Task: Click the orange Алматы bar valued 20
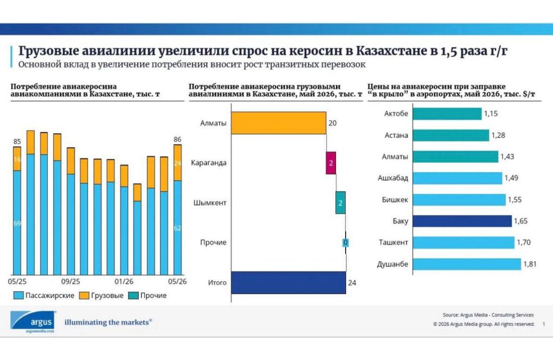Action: click(x=279, y=123)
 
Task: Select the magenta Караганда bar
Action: click(x=331, y=163)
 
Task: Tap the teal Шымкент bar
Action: click(x=340, y=203)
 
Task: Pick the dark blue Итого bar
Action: click(x=288, y=282)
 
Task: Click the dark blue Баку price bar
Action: click(x=462, y=221)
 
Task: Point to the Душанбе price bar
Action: click(x=467, y=264)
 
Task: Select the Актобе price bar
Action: click(x=447, y=113)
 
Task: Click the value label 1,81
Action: click(x=530, y=264)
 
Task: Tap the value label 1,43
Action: click(x=507, y=157)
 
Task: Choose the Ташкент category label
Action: click(x=393, y=242)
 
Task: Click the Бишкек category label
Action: click(x=395, y=200)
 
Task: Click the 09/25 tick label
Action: click(x=71, y=282)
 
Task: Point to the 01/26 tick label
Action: click(x=124, y=282)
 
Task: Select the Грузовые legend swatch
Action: click(x=84, y=295)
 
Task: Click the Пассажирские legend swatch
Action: click(x=18, y=295)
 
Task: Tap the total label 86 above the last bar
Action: click(x=177, y=140)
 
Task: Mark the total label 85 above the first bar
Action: click(x=17, y=142)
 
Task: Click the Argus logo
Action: click(x=33, y=321)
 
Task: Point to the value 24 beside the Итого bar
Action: click(x=352, y=283)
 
